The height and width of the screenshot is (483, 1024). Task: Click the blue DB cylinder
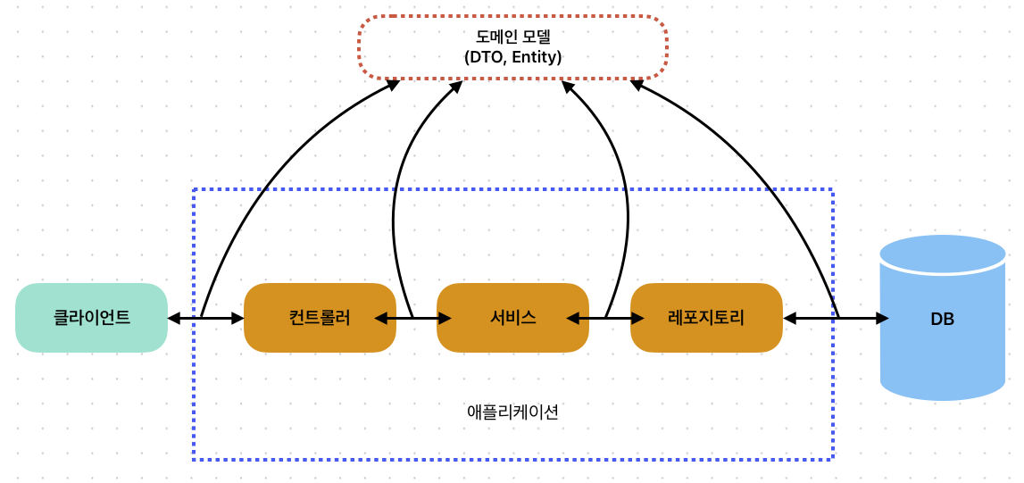pos(943,357)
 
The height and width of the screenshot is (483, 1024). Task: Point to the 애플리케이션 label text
pos(512,412)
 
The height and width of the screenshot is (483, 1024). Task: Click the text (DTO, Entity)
pos(512,58)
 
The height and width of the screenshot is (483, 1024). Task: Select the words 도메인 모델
pos(512,37)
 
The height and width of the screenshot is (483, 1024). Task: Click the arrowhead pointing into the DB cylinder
pos(882,318)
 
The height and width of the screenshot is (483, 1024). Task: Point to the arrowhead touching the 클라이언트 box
pos(174,318)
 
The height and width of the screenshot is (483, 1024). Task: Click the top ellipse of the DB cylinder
pos(943,254)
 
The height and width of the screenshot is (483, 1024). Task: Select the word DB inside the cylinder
pos(943,319)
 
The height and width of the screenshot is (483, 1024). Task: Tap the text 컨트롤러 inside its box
pos(320,318)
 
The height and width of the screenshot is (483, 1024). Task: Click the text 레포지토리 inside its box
pos(706,318)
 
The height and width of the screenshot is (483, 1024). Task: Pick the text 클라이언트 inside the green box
pos(91,317)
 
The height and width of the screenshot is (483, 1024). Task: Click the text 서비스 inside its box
pos(512,318)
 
